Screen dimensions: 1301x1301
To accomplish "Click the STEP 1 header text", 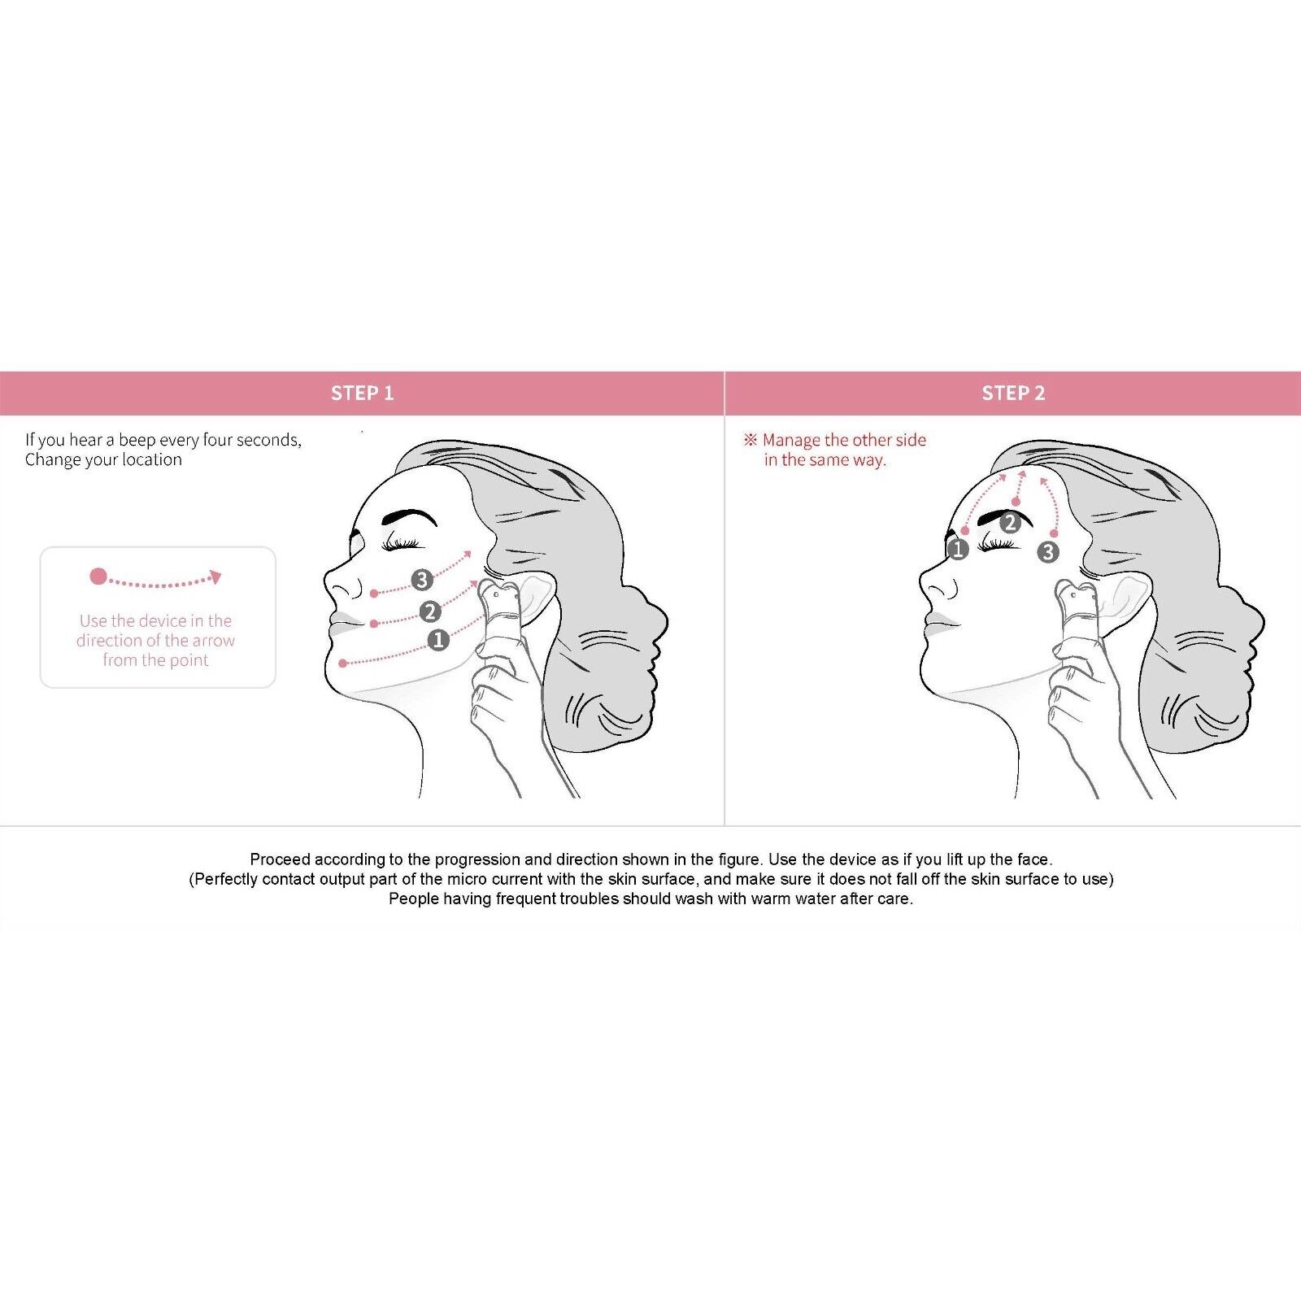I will pyautogui.click(x=362, y=394).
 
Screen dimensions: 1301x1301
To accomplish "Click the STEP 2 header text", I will pyautogui.click(x=1013, y=394).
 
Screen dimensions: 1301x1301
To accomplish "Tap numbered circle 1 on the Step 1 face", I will pyautogui.click(x=438, y=640).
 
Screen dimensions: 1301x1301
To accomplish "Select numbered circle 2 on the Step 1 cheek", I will pyautogui.click(x=430, y=611).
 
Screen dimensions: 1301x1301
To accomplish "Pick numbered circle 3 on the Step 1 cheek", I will pyautogui.click(x=421, y=580).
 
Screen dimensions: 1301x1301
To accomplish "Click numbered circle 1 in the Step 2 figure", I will pyautogui.click(x=959, y=550).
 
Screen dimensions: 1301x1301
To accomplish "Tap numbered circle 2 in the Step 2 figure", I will pyautogui.click(x=1010, y=523).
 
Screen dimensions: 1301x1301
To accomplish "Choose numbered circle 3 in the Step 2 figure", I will pyautogui.click(x=1048, y=553).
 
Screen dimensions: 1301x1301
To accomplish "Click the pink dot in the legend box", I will pyautogui.click(x=98, y=577).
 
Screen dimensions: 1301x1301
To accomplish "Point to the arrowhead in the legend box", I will pyautogui.click(x=215, y=577).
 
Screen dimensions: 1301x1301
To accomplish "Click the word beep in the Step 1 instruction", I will pyautogui.click(x=137, y=440).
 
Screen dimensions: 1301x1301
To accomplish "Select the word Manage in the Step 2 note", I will pyautogui.click(x=791, y=440).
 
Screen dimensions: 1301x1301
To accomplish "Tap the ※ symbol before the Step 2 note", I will pyautogui.click(x=751, y=440).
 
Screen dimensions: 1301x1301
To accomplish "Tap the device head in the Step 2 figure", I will pyautogui.click(x=1078, y=598).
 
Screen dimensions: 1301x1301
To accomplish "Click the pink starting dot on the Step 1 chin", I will pyautogui.click(x=343, y=664).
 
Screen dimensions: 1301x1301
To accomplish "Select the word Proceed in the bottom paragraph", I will pyautogui.click(x=280, y=859).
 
